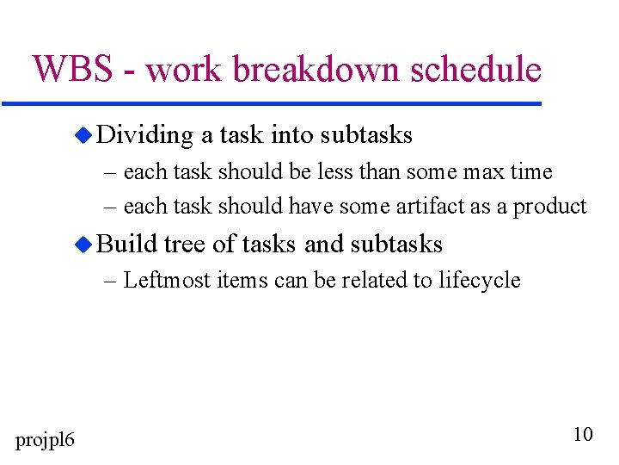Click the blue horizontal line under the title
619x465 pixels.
point(272,104)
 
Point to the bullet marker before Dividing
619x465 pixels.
point(82,135)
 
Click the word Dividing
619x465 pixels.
point(145,135)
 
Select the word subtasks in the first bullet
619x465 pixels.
point(366,135)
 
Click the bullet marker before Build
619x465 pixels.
point(82,245)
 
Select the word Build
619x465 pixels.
point(127,245)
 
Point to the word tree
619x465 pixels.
point(185,245)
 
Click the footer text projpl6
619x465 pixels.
point(46,440)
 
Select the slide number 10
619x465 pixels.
point(583,434)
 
